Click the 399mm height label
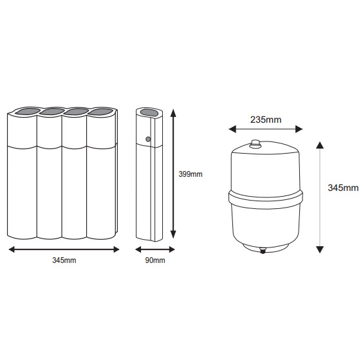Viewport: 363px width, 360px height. [x=191, y=174]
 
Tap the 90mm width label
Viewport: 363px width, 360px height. [x=155, y=260]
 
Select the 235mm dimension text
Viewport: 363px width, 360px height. [x=266, y=120]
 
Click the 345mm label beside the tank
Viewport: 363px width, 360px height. [x=343, y=188]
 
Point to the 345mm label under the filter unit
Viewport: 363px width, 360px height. [x=64, y=260]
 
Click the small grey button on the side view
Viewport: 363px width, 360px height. [x=148, y=139]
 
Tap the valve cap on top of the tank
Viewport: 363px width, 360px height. [x=256, y=143]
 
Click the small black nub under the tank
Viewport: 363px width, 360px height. [x=263, y=251]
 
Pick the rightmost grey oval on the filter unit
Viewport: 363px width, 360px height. [x=100, y=111]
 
